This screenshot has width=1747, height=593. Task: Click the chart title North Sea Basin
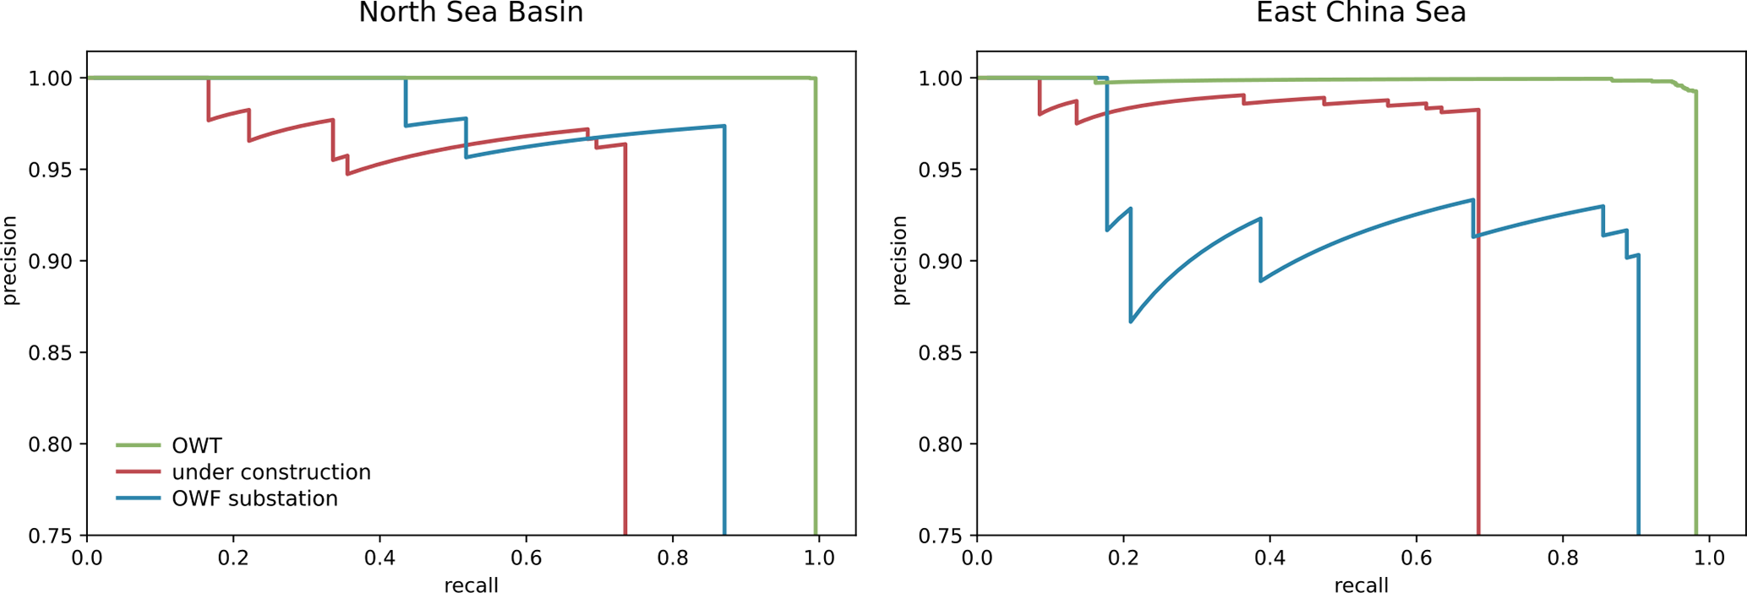click(x=471, y=14)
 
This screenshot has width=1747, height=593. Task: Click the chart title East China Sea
click(x=1361, y=14)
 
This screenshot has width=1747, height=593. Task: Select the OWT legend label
click(x=196, y=445)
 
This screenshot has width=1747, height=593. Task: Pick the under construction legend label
click(x=270, y=472)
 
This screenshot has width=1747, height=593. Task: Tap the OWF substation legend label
click(x=254, y=498)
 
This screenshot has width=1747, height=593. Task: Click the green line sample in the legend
click(x=138, y=445)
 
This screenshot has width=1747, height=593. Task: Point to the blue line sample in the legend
click(x=138, y=498)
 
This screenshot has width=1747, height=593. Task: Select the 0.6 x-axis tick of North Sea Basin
click(x=526, y=558)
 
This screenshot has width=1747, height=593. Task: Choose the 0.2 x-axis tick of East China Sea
click(x=1123, y=558)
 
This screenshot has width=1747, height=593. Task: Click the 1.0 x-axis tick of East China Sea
click(x=1709, y=558)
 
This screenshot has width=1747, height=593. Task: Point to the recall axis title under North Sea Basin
click(x=471, y=585)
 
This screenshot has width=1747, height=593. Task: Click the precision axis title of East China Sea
click(x=899, y=260)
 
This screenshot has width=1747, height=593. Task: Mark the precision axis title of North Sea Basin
click(x=9, y=260)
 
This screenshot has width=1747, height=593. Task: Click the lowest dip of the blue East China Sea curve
click(x=1131, y=321)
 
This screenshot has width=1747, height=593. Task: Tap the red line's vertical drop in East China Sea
click(x=1478, y=338)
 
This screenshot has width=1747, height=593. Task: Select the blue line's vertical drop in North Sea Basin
click(x=724, y=338)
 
